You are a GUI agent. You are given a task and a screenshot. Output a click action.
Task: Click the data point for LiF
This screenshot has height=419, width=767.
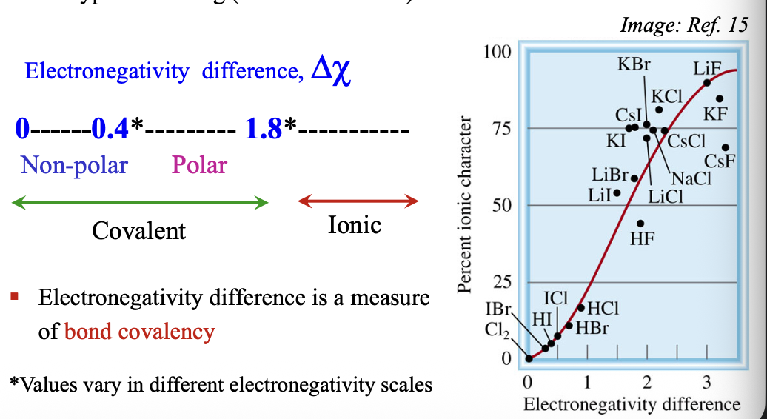click(707, 82)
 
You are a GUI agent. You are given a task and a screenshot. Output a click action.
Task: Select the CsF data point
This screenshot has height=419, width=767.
click(726, 147)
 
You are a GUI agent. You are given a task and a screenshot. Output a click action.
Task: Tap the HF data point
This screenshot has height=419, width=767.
click(640, 223)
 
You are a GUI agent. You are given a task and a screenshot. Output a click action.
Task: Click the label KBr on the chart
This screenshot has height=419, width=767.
click(634, 64)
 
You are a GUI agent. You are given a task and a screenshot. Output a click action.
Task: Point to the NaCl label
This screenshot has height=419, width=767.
click(690, 178)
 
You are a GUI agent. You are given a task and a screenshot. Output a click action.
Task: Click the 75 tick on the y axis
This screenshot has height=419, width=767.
click(503, 129)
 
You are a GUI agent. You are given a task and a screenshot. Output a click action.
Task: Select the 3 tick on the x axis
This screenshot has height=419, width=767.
click(706, 383)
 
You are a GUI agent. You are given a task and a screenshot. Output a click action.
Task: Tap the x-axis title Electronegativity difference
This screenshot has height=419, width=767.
click(631, 404)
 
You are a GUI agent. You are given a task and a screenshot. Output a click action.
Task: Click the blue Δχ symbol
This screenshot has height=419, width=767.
click(330, 73)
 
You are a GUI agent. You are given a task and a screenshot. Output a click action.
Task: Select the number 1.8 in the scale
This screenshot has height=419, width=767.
click(264, 130)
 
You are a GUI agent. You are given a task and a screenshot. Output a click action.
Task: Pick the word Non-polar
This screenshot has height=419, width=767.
click(74, 164)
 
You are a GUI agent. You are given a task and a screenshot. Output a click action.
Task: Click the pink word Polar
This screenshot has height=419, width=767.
click(199, 164)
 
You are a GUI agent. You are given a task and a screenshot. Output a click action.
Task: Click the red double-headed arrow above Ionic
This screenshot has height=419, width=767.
click(358, 200)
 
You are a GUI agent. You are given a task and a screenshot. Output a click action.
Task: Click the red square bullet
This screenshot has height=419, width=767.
click(14, 298)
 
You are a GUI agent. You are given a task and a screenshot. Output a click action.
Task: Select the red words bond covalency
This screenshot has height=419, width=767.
click(140, 331)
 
